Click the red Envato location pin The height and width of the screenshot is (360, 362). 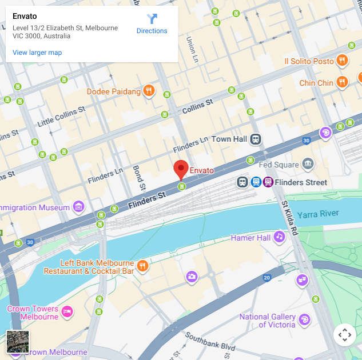tap(181, 169)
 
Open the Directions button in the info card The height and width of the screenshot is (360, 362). tap(152, 23)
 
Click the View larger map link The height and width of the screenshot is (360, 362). tap(37, 53)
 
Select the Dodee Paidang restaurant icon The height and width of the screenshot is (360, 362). tap(149, 91)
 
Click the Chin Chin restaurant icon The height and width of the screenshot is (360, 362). tap(342, 82)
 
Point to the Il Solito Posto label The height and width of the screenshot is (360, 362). tap(309, 61)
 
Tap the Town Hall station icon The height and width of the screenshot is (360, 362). tap(255, 139)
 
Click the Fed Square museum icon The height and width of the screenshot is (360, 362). tap(308, 165)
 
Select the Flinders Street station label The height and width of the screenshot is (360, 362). tap(301, 183)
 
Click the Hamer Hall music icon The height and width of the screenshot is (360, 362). tap(279, 237)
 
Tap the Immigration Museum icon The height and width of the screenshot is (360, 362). tap(79, 207)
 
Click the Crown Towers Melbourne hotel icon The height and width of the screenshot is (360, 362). tap(67, 311)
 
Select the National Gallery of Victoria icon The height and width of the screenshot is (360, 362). tap(305, 319)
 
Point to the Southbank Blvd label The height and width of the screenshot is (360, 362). tap(210, 343)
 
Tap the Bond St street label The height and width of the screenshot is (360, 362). tap(138, 178)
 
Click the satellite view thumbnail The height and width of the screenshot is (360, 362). tap(17, 342)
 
